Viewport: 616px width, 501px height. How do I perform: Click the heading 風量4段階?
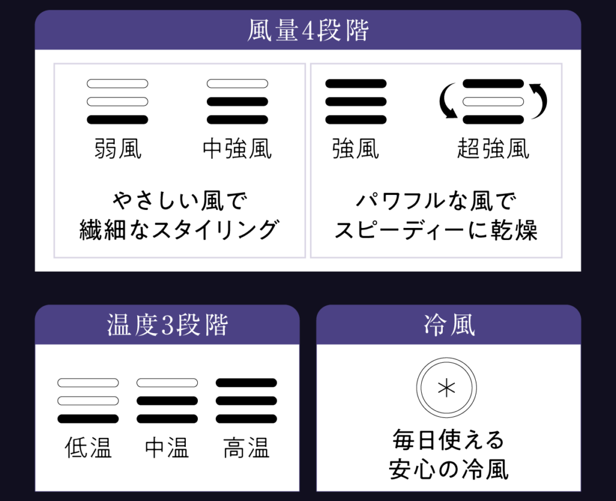[308, 30]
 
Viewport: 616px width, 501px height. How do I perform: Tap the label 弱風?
[118, 149]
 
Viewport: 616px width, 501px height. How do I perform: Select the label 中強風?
[237, 149]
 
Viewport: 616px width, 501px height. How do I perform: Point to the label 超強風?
[493, 149]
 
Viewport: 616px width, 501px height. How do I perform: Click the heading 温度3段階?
[167, 325]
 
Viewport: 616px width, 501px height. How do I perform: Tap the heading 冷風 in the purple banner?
[449, 325]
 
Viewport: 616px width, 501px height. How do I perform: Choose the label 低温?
[88, 447]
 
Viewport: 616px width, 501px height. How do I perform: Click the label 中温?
[167, 447]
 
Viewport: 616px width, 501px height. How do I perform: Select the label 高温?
[246, 447]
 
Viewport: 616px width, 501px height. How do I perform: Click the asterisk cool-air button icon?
[447, 388]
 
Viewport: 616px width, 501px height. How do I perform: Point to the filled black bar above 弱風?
[117, 120]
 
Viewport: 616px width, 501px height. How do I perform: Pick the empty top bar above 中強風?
[237, 84]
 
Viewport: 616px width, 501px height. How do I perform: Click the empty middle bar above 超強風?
[493, 102]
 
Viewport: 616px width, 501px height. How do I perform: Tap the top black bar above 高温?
[246, 383]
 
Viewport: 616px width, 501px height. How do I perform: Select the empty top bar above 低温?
[88, 383]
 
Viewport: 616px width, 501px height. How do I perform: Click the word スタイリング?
[216, 230]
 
